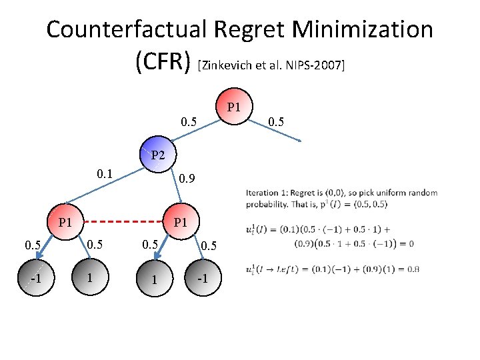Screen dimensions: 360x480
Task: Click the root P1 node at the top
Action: pyautogui.click(x=233, y=107)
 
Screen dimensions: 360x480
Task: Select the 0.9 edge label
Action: pyautogui.click(x=189, y=179)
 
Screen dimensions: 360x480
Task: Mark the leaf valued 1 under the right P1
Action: pyautogui.click(x=154, y=279)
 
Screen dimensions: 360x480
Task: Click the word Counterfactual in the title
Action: pyautogui.click(x=126, y=30)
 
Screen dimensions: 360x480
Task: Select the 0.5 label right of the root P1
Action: pyautogui.click(x=277, y=121)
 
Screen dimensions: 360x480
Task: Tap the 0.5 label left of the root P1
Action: pyautogui.click(x=190, y=121)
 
